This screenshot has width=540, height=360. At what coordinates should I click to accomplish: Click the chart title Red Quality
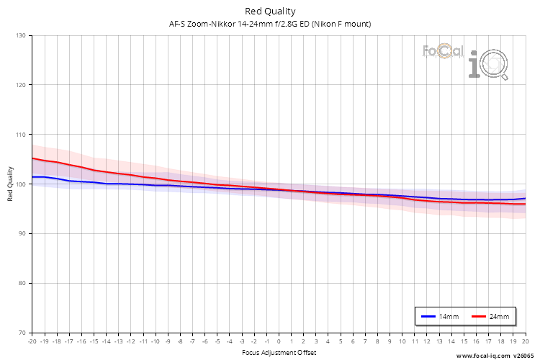click(270, 11)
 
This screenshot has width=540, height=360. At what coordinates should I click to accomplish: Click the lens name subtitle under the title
click(270, 24)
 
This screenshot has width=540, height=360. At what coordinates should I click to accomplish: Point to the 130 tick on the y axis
click(20, 35)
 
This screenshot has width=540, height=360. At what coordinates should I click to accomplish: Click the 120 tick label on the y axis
click(20, 85)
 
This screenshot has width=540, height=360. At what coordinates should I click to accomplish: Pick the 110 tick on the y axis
click(20, 135)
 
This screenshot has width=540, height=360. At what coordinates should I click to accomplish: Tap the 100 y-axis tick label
click(20, 184)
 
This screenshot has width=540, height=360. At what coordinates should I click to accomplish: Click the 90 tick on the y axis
click(22, 233)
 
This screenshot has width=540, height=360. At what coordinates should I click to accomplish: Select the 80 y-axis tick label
click(22, 283)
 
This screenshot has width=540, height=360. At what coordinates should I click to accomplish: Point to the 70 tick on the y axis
click(22, 333)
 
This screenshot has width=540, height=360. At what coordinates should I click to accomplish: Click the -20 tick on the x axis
click(32, 341)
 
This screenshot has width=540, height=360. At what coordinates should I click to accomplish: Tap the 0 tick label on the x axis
click(279, 341)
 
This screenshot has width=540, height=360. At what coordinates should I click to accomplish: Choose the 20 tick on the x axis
click(525, 341)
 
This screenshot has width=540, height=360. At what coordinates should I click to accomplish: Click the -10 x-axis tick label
click(155, 341)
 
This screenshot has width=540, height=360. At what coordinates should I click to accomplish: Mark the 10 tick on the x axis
click(402, 341)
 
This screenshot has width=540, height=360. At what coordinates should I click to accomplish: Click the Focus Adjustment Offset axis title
click(279, 352)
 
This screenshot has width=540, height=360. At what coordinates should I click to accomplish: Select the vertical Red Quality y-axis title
click(10, 184)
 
